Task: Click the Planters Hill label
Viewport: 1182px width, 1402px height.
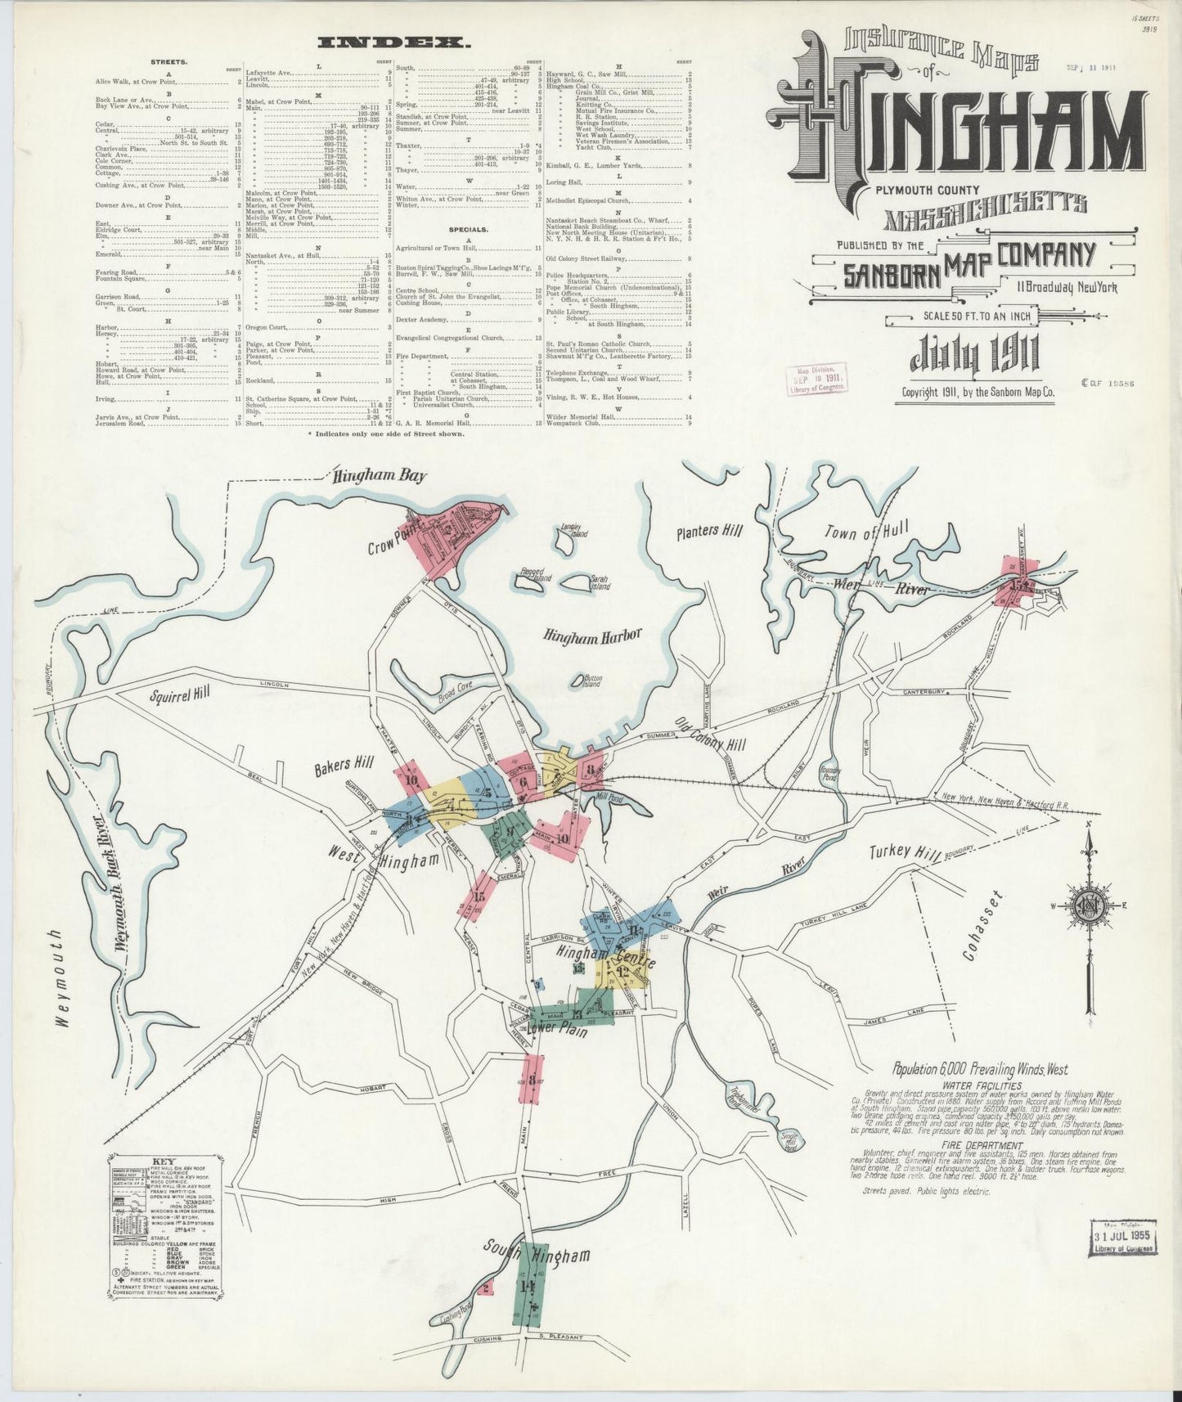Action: coord(708,531)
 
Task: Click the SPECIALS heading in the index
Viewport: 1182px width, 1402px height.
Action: coord(469,230)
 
